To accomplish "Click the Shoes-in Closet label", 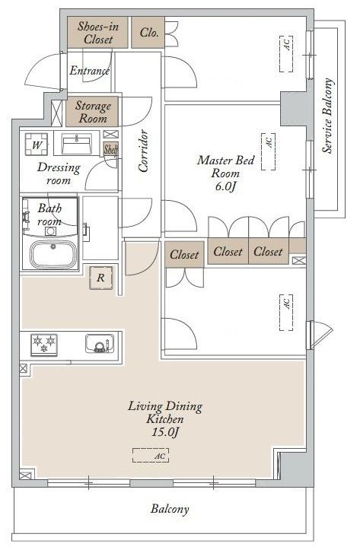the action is tap(98, 33).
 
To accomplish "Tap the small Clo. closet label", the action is tap(149, 33).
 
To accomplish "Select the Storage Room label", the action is tap(93, 112).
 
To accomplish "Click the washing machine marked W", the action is tap(37, 145).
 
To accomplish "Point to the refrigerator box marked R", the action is tap(101, 278).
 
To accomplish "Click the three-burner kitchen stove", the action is tap(44, 345).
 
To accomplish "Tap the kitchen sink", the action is tap(100, 343).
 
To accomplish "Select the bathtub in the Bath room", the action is tap(53, 254).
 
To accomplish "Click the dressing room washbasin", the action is tap(77, 144).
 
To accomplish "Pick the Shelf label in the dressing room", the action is tap(110, 149).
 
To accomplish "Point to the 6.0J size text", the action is tap(225, 186).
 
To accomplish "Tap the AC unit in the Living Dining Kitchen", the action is tap(151, 456).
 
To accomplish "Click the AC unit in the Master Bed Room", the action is tap(269, 151).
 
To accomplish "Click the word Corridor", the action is tap(143, 151).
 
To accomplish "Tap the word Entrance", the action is tap(90, 71).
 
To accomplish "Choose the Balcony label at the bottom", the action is tap(170, 509).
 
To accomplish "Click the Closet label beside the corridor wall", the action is tap(184, 254).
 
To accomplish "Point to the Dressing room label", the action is tap(59, 173).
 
